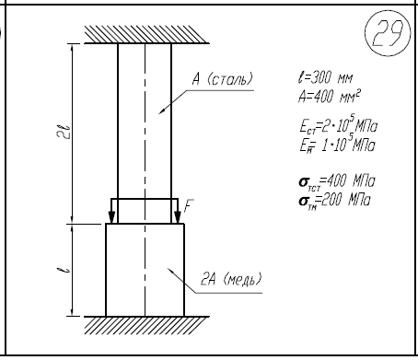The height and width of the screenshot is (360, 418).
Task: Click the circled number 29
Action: (388, 33)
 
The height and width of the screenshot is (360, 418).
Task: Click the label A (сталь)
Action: (223, 79)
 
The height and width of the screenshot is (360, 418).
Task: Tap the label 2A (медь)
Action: (231, 279)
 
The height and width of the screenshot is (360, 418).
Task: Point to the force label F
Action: (189, 206)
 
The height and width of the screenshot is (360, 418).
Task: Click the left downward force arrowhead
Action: (111, 217)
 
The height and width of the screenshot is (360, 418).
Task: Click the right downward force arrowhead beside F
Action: (178, 217)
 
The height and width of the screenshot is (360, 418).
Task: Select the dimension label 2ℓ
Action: (64, 133)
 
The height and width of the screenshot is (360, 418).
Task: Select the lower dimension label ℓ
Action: (64, 270)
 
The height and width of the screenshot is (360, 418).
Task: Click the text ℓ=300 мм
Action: (325, 78)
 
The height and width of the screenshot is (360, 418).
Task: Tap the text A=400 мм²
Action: (330, 97)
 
